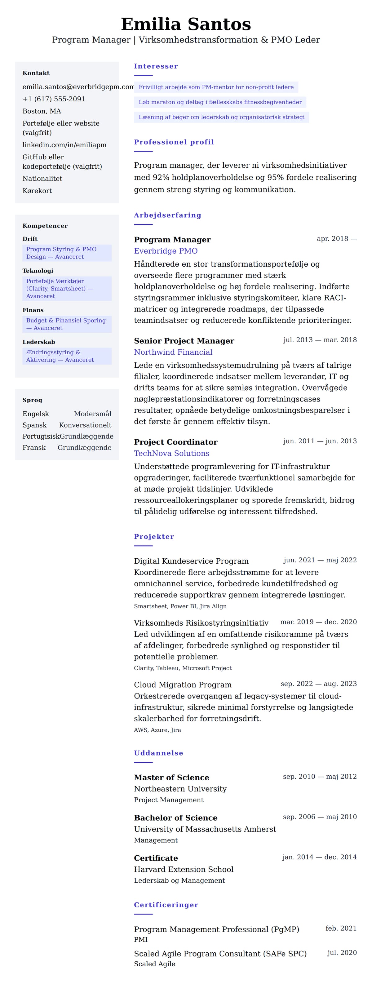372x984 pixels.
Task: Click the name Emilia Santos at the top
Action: coord(186,24)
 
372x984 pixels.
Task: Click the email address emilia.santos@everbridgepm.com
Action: coord(78,87)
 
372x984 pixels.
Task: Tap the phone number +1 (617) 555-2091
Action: coord(54,99)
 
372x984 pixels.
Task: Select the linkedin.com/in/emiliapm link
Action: coord(64,145)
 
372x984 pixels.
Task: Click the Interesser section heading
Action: coord(156,66)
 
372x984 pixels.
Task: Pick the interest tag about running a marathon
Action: coord(220,102)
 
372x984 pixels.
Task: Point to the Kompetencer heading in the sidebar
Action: coord(45,226)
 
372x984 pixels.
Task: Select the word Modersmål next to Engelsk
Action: coord(93,414)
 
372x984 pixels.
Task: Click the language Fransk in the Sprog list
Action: coord(34,447)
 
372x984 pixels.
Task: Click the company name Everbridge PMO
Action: coord(166,251)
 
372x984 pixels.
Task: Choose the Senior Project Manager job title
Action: coord(184,341)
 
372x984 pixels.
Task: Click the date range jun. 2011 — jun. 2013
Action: coord(320,441)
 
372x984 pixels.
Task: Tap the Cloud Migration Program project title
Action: coord(183,685)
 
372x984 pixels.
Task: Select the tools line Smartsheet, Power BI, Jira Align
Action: coord(180,606)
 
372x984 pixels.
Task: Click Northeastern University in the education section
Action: coord(180,788)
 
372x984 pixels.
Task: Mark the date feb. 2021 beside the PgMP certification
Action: coord(341,928)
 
